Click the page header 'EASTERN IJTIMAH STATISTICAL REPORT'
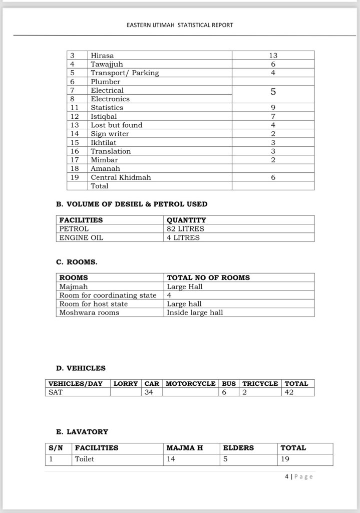pyautogui.click(x=180, y=25)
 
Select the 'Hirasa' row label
pyautogui.click(x=102, y=56)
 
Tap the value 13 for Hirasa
pyautogui.click(x=273, y=56)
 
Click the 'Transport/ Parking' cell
pyautogui.click(x=125, y=73)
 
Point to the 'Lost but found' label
pyautogui.click(x=116, y=125)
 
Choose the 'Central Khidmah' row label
pyautogui.click(x=121, y=177)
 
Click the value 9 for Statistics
pyautogui.click(x=273, y=107)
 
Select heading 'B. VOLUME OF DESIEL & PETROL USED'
pyautogui.click(x=132, y=204)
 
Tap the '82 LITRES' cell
pyautogui.click(x=185, y=229)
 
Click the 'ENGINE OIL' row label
pyautogui.click(x=81, y=237)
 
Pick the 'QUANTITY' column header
pyautogui.click(x=186, y=220)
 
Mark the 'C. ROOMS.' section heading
pyautogui.click(x=77, y=262)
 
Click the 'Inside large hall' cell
pyautogui.click(x=195, y=313)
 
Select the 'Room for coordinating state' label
pyautogui.click(x=108, y=295)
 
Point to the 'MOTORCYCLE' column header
pyautogui.click(x=191, y=384)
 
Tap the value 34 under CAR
pyautogui.click(x=149, y=392)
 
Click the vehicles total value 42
pyautogui.click(x=289, y=392)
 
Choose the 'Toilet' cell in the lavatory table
pyautogui.click(x=85, y=458)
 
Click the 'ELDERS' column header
pyautogui.click(x=238, y=448)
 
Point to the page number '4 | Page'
pyautogui.click(x=299, y=476)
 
